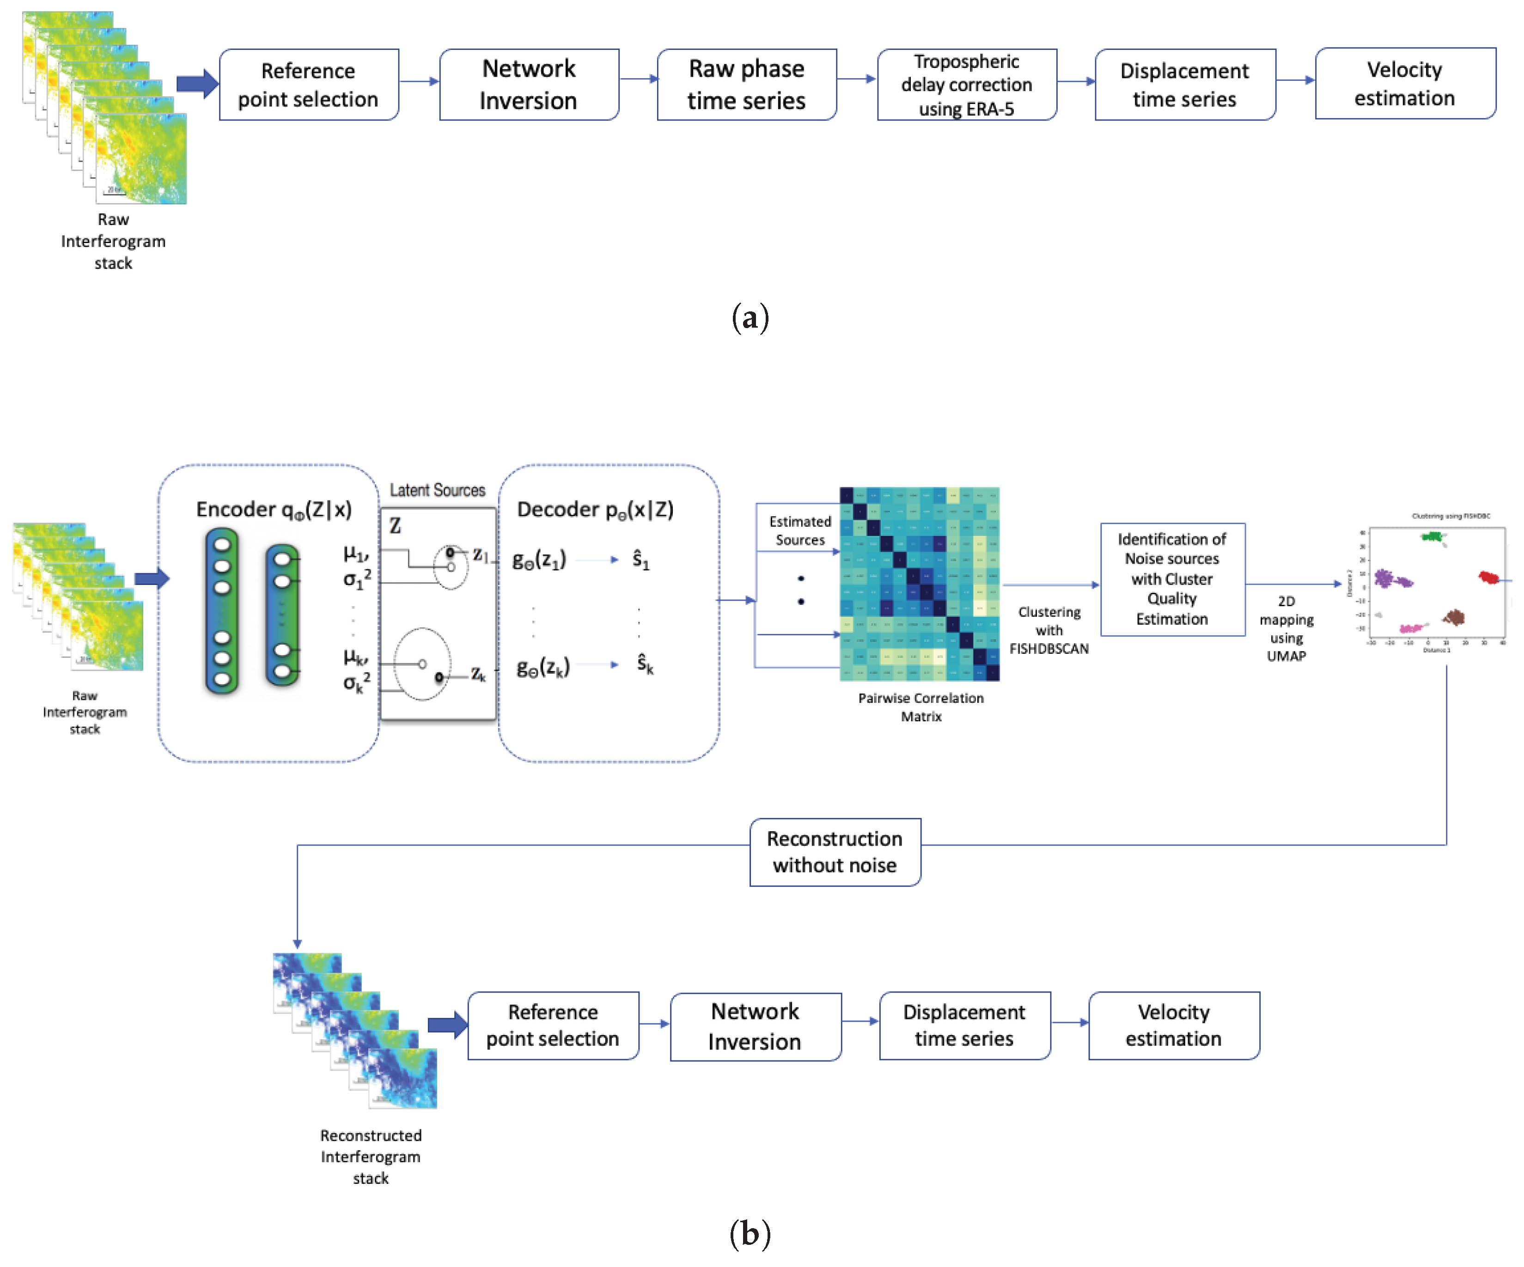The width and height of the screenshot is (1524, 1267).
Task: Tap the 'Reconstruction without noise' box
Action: (835, 852)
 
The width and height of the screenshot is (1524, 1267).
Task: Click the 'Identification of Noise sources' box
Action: (1172, 579)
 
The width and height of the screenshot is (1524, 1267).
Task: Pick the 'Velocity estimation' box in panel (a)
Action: (1404, 84)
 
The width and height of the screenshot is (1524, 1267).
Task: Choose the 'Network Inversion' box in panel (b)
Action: (755, 1026)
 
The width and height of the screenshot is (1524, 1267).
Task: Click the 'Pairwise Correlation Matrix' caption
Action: (920, 707)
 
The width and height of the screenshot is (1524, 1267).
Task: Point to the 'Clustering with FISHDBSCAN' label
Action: (1049, 630)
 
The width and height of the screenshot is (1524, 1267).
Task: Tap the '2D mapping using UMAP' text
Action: (1286, 628)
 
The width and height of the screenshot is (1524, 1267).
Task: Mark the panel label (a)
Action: (750, 318)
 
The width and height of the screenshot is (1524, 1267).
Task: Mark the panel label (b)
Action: (750, 1234)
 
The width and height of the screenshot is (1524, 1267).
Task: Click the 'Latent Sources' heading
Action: (437, 491)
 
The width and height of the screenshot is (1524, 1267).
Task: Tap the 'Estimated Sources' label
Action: (800, 530)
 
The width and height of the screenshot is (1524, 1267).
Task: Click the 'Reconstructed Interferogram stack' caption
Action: (370, 1156)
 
